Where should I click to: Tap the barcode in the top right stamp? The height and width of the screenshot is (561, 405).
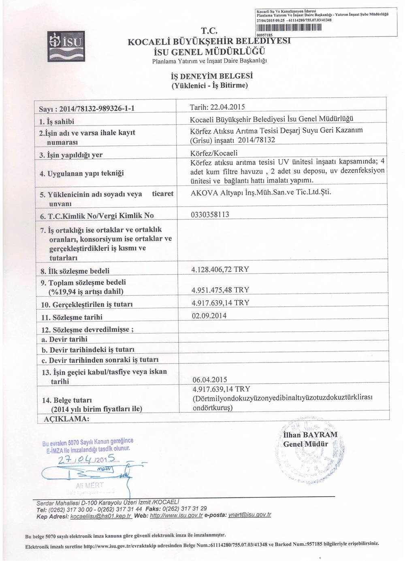289,28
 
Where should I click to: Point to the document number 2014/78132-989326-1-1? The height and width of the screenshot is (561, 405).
97,109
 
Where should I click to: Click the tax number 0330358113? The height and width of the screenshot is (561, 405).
210,215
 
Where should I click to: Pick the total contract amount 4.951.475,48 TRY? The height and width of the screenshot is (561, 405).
220,290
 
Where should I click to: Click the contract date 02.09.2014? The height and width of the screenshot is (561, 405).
209,316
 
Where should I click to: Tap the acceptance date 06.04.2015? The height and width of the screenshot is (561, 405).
210,380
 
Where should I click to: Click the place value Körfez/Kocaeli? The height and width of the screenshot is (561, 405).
214,153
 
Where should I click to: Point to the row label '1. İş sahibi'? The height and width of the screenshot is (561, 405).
57,122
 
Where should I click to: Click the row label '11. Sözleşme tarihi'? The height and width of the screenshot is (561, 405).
72,317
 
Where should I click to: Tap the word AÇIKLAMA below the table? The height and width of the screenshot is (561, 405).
66,418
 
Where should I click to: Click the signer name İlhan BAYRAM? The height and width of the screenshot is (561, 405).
310,435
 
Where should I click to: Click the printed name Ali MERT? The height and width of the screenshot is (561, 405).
90,485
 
